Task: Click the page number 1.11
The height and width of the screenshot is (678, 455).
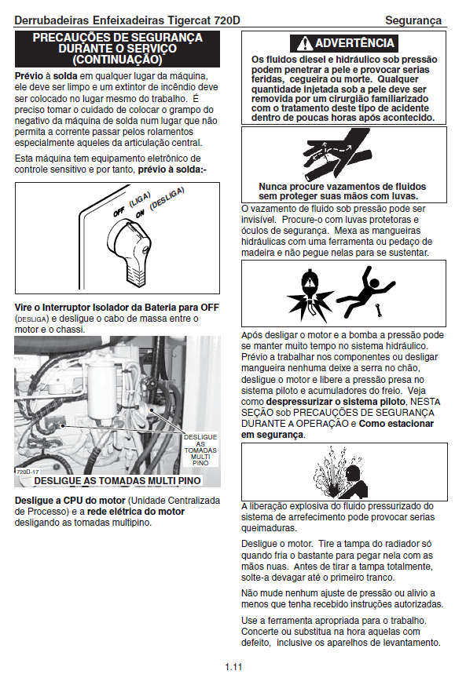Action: pos(233,666)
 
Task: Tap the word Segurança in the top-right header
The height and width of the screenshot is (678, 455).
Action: pos(413,20)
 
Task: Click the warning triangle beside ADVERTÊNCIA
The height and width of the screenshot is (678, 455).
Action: pos(304,43)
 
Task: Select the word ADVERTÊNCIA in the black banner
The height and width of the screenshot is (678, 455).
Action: pos(354,43)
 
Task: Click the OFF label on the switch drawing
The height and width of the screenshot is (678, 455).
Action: pos(119,211)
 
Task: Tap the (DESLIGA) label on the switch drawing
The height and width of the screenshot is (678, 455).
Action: pos(167,199)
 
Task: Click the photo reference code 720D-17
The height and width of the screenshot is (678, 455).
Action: pos(28,472)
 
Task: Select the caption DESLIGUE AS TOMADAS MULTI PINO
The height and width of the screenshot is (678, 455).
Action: pos(117,480)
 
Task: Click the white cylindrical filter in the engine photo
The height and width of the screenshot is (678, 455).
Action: pos(100,392)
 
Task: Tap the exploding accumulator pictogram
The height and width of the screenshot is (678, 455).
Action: pos(310,294)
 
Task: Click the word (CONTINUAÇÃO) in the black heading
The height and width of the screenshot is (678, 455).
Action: pos(117,59)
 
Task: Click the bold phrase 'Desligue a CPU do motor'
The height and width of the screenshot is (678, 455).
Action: pos(70,501)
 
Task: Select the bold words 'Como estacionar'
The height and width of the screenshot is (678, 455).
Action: pos(396,423)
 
